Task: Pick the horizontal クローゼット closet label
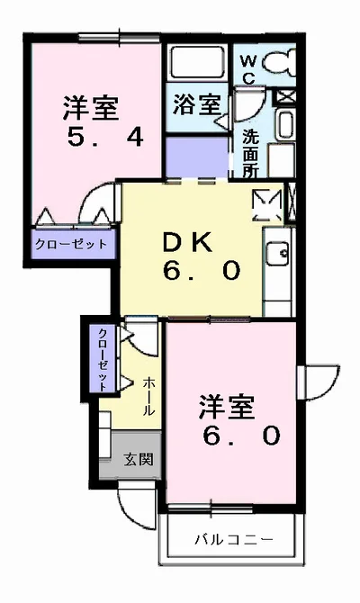click(71, 244)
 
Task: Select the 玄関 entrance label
click(139, 460)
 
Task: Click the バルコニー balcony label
click(232, 540)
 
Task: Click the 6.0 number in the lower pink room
click(241, 436)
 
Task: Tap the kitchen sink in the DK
click(277, 253)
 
